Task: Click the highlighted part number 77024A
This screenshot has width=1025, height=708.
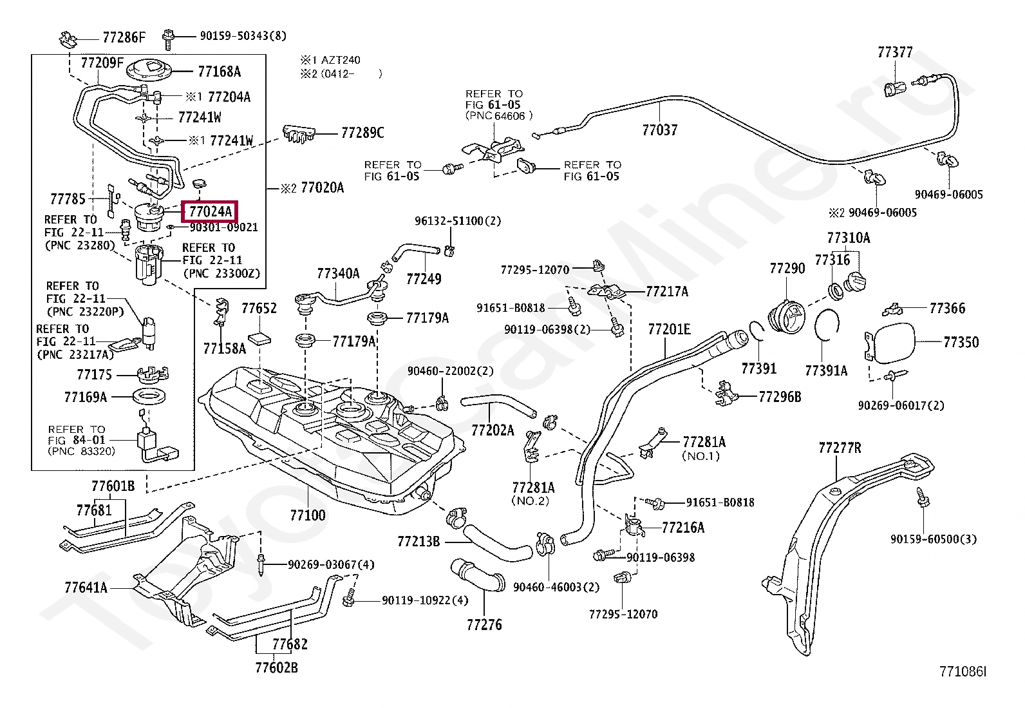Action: coord(210,211)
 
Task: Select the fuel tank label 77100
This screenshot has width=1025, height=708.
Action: coord(308,515)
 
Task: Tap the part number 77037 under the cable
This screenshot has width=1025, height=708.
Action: coord(659,130)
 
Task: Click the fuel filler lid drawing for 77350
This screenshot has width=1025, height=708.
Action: coord(890,342)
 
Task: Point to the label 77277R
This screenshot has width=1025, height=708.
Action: coord(840,448)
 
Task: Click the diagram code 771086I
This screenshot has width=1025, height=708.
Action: coord(963,671)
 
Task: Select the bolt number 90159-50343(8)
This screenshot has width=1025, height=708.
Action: coord(243,35)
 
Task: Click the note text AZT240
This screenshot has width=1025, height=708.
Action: coord(341,60)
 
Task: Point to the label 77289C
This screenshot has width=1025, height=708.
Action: coord(362,133)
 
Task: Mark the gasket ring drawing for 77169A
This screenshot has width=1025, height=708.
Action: coord(149,396)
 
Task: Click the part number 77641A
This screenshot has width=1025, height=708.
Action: coord(86,587)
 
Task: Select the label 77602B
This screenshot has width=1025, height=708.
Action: coord(276,667)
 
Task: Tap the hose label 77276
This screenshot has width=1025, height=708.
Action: coord(484,625)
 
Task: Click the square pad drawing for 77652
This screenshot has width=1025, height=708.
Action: coord(259,340)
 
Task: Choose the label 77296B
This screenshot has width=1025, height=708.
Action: coord(780,397)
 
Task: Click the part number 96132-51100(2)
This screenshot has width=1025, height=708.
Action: coord(458,221)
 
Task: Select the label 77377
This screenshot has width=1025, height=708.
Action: coord(895,52)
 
